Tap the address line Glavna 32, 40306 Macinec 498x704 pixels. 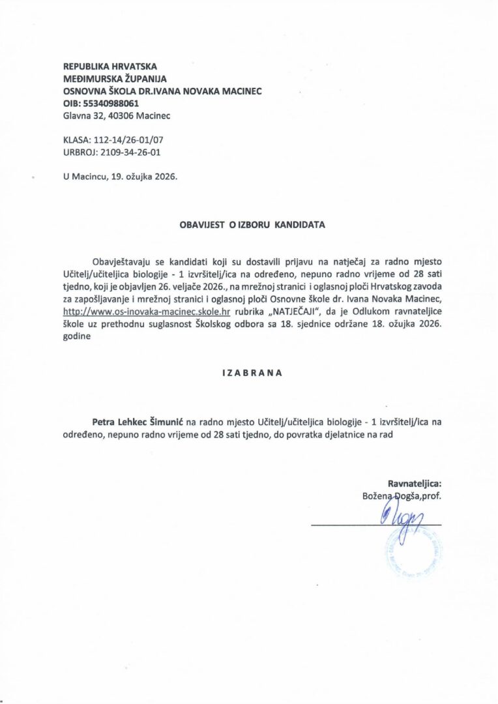116,116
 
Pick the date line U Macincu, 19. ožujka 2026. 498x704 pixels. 120,177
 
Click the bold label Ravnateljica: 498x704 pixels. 415,484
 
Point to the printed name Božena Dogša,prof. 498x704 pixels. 402,497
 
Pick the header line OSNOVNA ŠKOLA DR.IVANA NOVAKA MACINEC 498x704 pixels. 162,91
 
